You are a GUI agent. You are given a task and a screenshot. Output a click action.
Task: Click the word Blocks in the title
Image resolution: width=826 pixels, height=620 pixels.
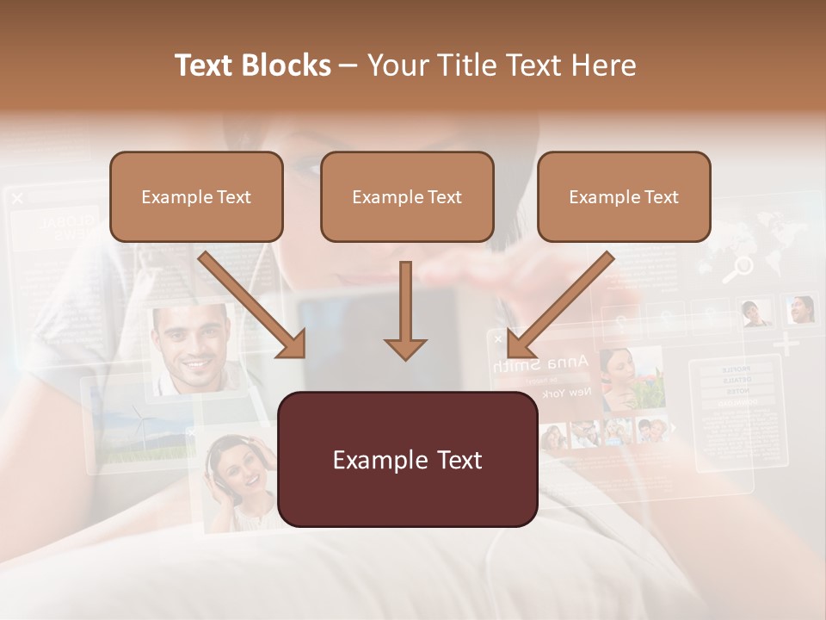coord(283,65)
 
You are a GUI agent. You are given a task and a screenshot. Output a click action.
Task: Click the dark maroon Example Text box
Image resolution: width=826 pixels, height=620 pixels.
coord(408,460)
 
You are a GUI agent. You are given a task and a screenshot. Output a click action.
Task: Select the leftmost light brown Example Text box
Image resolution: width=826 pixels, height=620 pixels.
coord(196,197)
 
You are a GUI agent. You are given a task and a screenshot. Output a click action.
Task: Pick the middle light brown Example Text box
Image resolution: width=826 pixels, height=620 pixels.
coord(407,197)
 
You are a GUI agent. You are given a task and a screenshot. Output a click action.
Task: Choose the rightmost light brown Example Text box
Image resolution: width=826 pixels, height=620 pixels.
coord(624,197)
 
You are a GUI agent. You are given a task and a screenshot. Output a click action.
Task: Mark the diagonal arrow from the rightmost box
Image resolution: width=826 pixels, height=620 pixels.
coord(559,305)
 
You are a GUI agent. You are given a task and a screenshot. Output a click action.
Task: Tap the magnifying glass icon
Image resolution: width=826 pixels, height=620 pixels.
coord(737,270)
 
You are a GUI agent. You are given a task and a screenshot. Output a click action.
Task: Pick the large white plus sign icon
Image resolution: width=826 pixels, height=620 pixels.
coord(786,345)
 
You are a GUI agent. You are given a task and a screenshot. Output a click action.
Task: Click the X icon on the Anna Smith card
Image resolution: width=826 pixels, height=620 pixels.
coord(497,339)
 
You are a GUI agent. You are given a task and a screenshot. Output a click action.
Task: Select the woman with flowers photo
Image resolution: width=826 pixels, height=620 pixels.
coord(632,379)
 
